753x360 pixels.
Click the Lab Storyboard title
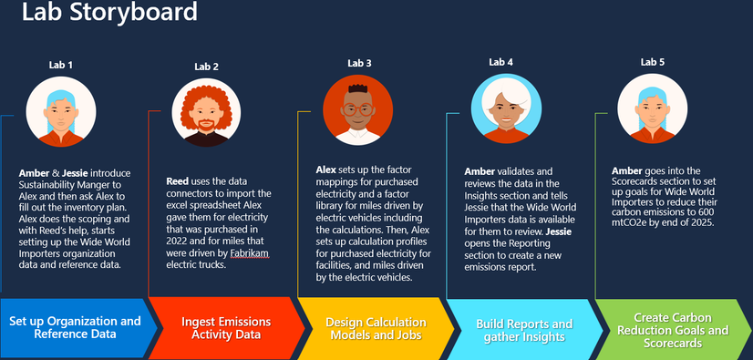[x=109, y=12]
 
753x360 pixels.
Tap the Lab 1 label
[x=61, y=66]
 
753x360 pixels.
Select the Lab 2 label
[x=207, y=67]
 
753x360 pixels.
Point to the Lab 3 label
[x=359, y=64]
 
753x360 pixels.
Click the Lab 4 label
[x=500, y=62]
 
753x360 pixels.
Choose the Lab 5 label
[x=652, y=62]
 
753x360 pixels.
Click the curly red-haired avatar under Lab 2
[x=207, y=112]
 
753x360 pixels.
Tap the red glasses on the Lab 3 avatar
[x=357, y=109]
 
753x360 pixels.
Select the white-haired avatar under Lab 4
[x=506, y=108]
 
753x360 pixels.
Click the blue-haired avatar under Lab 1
[x=61, y=112]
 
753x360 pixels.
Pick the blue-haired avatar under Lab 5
[x=652, y=108]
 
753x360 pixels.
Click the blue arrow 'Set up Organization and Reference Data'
[x=78, y=328]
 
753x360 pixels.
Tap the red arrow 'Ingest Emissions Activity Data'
[x=226, y=328]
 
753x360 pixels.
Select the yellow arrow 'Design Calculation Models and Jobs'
[x=376, y=328]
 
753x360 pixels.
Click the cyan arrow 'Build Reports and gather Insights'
[x=524, y=330]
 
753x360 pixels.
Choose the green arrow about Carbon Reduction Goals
[x=674, y=330]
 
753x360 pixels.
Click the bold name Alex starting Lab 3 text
[x=326, y=170]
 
